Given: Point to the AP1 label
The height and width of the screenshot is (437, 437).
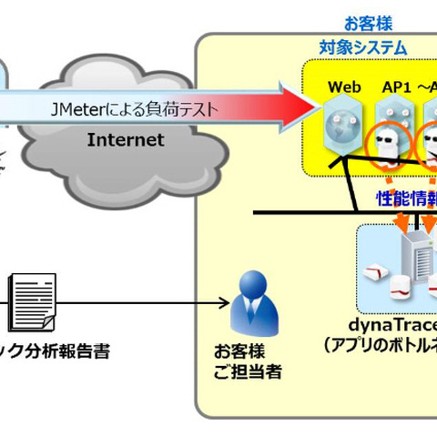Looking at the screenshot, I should click(397, 87).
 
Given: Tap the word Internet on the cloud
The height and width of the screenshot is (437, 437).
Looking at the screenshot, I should click(125, 140).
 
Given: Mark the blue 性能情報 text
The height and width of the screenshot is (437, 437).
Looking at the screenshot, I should click(406, 198).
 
